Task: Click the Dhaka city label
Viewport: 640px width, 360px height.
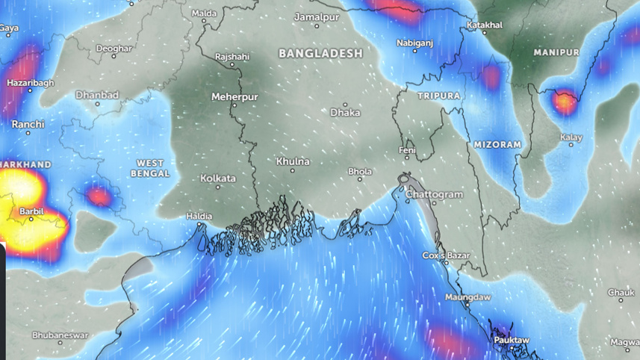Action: (345, 113)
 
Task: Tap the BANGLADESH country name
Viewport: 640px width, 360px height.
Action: (320, 54)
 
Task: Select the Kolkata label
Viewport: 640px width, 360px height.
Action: (218, 179)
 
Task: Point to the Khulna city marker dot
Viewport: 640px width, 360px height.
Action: (292, 170)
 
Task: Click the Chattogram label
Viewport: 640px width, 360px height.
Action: (434, 194)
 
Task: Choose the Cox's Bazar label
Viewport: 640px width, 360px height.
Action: (444, 255)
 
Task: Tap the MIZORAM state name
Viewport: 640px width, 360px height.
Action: (497, 144)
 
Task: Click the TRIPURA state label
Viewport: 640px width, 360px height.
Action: (439, 96)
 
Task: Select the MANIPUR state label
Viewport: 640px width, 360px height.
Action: (556, 52)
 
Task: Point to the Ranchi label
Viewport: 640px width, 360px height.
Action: (28, 124)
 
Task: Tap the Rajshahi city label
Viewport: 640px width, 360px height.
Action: (232, 57)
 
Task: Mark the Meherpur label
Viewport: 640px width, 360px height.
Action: (234, 97)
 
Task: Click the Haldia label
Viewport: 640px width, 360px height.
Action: (199, 216)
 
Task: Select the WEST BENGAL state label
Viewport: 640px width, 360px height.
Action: (150, 168)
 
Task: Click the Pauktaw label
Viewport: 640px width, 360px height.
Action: (512, 340)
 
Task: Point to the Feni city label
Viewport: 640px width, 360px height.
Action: (408, 150)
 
